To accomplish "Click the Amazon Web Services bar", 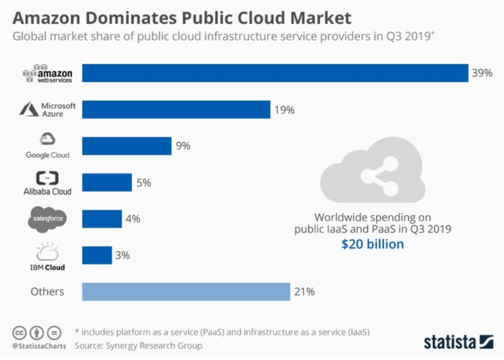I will pyautogui.click(x=275, y=73).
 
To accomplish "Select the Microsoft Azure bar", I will pyautogui.click(x=176, y=110).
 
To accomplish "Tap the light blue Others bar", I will pyautogui.click(x=186, y=292).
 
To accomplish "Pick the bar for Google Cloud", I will pyautogui.click(x=127, y=146).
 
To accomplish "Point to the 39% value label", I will pyautogui.click(x=482, y=73).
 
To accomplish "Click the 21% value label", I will pyautogui.click(x=304, y=292).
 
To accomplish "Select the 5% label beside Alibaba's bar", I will pyautogui.click(x=144, y=183).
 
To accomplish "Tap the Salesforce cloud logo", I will pyautogui.click(x=48, y=219).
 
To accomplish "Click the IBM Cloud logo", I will pyautogui.click(x=48, y=256).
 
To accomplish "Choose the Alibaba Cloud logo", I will pyautogui.click(x=48, y=183).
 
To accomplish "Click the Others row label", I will pyautogui.click(x=47, y=292).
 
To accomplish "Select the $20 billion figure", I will pyautogui.click(x=372, y=244).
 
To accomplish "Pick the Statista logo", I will pyautogui.click(x=458, y=341).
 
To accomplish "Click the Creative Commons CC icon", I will pyautogui.click(x=19, y=333).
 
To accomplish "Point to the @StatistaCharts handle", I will pyautogui.click(x=39, y=346).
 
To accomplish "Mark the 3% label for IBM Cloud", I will pyautogui.click(x=122, y=255).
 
